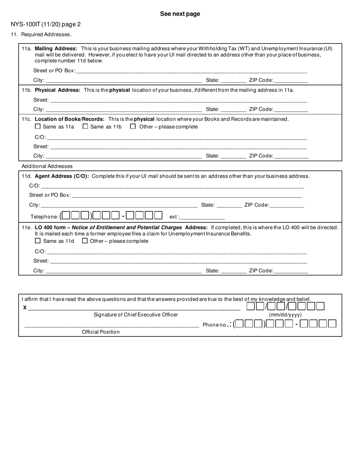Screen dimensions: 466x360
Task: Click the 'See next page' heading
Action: coord(180,14)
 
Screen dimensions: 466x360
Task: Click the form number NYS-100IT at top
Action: coord(45,25)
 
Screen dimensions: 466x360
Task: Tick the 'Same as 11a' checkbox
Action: coord(38,127)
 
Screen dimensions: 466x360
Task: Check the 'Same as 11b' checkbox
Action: coord(85,127)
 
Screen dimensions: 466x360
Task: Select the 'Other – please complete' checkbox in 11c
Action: coord(133,127)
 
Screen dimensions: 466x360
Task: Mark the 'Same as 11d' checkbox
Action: coord(38,241)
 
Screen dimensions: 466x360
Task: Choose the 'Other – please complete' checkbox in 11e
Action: coord(85,241)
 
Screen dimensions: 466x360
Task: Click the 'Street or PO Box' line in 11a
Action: coord(191,71)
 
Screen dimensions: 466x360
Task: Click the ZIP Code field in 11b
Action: coord(291,109)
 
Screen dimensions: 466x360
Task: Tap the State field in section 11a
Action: coord(233,81)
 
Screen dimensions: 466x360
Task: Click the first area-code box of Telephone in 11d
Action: coord(66,216)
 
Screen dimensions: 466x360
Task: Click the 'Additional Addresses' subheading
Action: coord(47,166)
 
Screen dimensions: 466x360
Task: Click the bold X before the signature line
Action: coord(25,308)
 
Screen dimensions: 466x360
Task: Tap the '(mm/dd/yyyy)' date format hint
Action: coord(285,315)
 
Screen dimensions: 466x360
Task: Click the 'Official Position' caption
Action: coord(101,332)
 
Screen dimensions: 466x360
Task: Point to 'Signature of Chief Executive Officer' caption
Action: coord(136,315)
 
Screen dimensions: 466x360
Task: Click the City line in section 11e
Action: coord(123,271)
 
